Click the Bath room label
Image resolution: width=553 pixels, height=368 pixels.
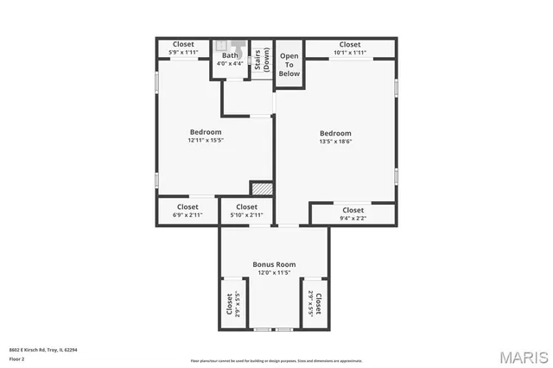(x=229, y=55)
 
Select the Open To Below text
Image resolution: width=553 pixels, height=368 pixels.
(x=289, y=65)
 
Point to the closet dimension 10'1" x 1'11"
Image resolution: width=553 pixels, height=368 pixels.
(x=349, y=53)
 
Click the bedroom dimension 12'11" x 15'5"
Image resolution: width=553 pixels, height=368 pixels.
(x=206, y=141)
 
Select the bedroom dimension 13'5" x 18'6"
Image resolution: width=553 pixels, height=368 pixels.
(x=335, y=142)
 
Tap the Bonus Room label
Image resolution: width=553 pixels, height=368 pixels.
(x=274, y=263)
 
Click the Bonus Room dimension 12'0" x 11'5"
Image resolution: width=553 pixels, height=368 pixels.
(x=274, y=272)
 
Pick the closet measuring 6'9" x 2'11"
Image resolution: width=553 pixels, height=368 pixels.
(x=188, y=211)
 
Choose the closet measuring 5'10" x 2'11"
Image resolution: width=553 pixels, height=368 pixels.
(x=246, y=211)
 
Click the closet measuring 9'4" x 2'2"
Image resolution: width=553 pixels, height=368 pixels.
(x=353, y=213)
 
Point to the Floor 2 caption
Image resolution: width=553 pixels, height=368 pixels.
(x=16, y=358)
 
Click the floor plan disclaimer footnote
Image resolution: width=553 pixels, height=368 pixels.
(x=276, y=360)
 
